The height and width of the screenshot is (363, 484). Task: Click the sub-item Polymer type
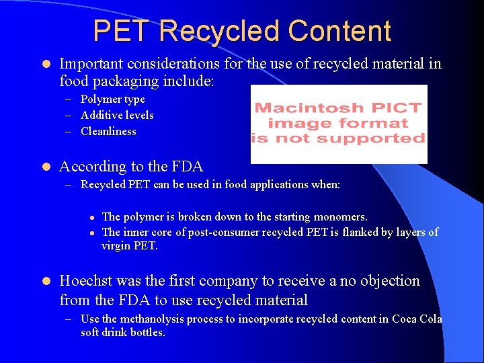pyautogui.click(x=112, y=99)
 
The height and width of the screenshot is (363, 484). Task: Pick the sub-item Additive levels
pyautogui.click(x=117, y=115)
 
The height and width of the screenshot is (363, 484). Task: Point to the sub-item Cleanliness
pyautogui.click(x=108, y=131)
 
